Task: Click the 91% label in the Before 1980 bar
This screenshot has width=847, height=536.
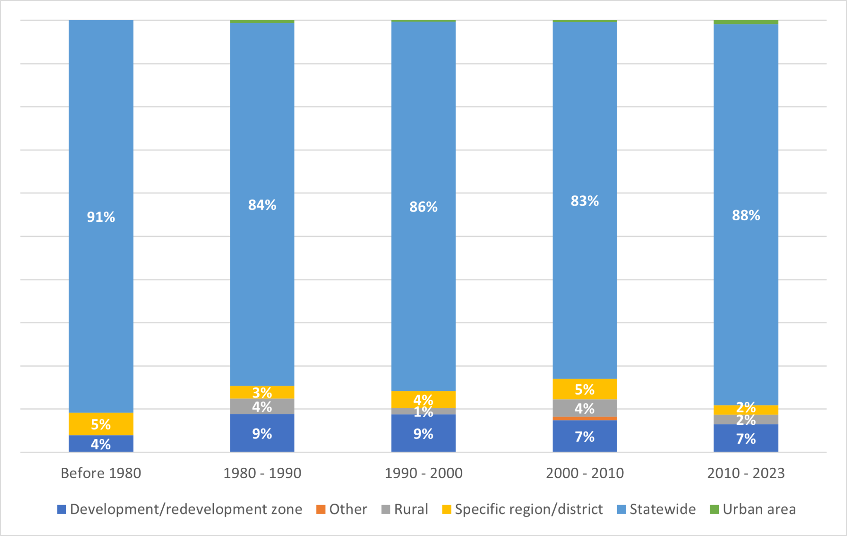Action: tap(100, 217)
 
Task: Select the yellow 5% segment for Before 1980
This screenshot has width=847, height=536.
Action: tap(100, 424)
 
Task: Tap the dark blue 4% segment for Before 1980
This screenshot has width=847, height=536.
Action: tap(100, 444)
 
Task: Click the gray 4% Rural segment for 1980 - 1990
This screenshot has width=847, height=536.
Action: tap(262, 407)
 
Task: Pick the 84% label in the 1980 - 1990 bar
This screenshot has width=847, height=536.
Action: tap(262, 205)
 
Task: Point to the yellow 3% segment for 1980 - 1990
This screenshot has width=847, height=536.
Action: tap(262, 392)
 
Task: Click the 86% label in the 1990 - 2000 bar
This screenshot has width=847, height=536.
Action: tap(423, 207)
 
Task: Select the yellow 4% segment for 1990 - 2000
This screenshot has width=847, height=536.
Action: tap(423, 400)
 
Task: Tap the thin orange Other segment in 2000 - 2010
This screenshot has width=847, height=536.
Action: tap(584, 419)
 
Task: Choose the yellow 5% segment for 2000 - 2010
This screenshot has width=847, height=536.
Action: tap(584, 389)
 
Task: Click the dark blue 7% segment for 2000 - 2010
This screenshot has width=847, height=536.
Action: tap(584, 436)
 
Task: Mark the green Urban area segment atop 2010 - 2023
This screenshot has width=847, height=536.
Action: tap(746, 22)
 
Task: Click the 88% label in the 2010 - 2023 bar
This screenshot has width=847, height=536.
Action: tap(746, 215)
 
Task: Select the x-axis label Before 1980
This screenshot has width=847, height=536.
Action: tap(101, 473)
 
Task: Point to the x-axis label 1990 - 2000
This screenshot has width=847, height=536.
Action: tap(423, 473)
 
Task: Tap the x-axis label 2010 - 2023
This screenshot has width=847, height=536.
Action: tap(746, 473)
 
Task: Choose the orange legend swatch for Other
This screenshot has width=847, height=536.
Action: tap(321, 509)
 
